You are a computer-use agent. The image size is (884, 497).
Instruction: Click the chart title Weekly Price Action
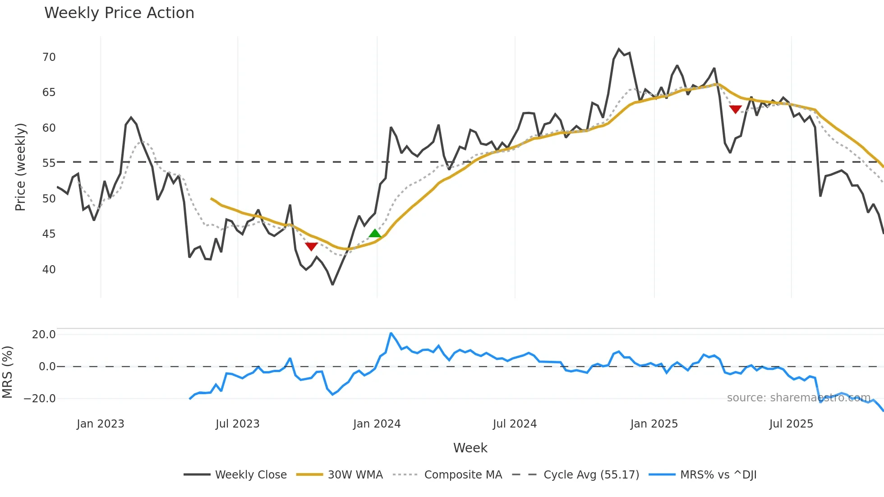pos(119,13)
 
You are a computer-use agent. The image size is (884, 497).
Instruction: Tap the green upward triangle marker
pos(375,234)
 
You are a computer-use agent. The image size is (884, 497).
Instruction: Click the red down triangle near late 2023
pos(311,246)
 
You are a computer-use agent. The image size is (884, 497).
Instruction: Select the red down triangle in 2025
pos(735,109)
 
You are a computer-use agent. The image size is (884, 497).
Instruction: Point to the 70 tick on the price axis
pos(49,57)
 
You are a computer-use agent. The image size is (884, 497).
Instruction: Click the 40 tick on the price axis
pos(49,270)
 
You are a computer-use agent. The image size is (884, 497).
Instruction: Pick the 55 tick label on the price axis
pos(49,163)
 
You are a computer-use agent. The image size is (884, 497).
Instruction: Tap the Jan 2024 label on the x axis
pos(377,424)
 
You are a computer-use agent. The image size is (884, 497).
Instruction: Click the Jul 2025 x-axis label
pos(791,424)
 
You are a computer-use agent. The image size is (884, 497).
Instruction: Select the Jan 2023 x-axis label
pos(100,424)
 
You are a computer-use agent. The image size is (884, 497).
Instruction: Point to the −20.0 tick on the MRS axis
pos(40,399)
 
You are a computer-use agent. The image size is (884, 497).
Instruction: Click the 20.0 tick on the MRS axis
pos(44,335)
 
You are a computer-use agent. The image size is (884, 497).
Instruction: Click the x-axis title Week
pos(470,448)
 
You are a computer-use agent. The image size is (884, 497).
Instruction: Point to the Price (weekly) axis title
pos(21,167)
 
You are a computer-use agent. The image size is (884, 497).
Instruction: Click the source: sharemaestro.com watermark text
pos(798,398)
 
